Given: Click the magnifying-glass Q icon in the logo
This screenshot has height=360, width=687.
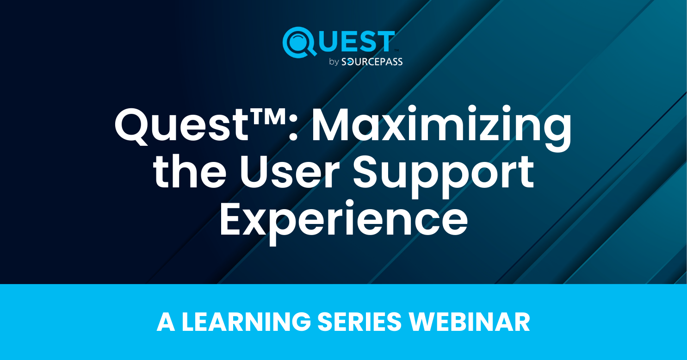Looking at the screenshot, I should click(298, 42).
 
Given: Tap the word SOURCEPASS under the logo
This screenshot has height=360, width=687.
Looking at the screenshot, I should click(372, 62).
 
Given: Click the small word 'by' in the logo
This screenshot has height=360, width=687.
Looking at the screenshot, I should click(334, 62).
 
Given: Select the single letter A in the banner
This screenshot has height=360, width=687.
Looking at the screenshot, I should click(165, 322).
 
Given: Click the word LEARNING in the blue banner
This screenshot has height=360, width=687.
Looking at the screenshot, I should click(246, 322).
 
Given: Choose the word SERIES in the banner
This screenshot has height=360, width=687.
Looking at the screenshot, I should click(360, 322).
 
